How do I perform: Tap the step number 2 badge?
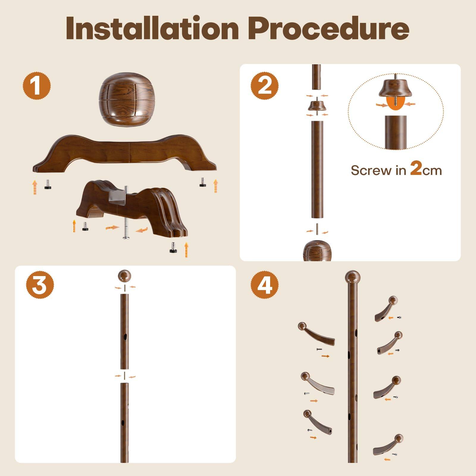(264, 85)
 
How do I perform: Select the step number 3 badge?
(40, 285)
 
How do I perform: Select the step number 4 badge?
(264, 285)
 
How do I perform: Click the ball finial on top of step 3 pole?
(125, 276)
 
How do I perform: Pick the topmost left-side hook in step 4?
(315, 333)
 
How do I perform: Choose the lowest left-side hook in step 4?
(317, 422)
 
